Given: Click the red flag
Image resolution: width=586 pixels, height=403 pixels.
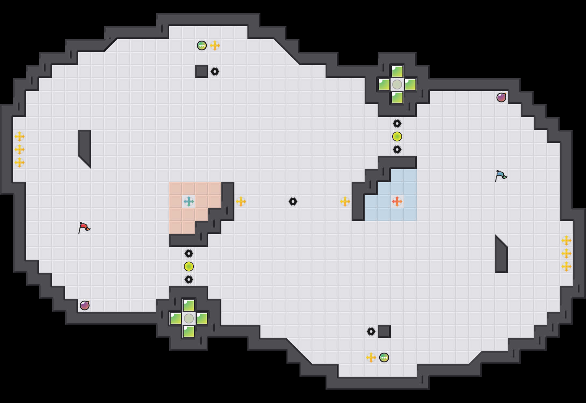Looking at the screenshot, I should point(84,227).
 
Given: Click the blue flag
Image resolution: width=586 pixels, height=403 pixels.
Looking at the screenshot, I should point(501,175).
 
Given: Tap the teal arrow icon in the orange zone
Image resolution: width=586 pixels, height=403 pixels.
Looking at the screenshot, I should point(189,201).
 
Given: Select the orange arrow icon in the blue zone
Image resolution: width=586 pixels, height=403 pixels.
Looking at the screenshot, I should point(397,201).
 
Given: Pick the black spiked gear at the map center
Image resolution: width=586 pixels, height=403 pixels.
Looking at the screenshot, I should point(293,201).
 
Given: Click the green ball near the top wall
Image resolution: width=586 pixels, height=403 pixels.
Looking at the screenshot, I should point(202,45).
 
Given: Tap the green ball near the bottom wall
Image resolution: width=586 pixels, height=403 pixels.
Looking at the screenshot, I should point(384,357).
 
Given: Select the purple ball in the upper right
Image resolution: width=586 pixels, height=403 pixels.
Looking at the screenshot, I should point(501,97).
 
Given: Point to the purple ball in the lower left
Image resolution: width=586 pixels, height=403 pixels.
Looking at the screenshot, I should point(85,305).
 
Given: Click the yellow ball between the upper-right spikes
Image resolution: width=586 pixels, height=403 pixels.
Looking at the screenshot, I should point(397,136).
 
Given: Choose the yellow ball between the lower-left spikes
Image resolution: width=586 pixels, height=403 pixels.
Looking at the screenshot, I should point(189,266).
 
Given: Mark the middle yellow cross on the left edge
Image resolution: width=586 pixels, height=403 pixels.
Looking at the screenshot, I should point(20,149).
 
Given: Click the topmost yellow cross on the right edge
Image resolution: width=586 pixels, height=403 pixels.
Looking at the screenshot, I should point(566,240).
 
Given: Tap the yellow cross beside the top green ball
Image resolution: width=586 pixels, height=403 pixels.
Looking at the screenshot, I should point(215,45).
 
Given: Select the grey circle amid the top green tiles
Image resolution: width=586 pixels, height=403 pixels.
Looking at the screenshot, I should point(397,84).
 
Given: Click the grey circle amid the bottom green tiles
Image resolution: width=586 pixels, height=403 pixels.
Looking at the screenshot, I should point(189,318).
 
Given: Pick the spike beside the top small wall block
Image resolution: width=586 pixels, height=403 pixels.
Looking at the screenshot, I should point(215,71).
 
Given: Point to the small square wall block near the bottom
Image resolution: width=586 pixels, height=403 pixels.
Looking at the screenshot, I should point(384,331).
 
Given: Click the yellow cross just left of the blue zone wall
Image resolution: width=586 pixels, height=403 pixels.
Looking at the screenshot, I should point(345,201).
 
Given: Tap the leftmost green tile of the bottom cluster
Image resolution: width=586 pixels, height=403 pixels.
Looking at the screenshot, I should point(176,318).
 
